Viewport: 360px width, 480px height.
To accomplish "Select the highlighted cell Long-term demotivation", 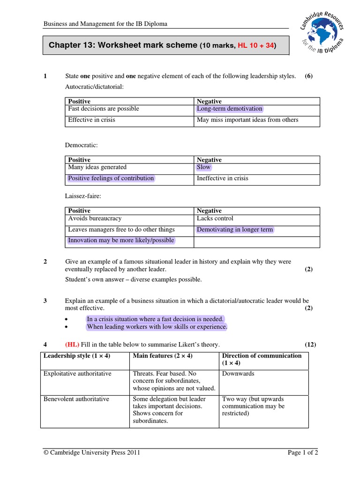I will (x=230, y=109).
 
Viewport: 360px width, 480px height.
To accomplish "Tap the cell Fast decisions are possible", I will (x=104, y=109).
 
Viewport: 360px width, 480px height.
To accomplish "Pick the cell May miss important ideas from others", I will (x=247, y=120).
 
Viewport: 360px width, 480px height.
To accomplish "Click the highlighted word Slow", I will (x=204, y=167).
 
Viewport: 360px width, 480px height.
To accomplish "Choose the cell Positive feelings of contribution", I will (x=111, y=178).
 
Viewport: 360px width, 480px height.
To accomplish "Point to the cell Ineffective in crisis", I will (x=223, y=178).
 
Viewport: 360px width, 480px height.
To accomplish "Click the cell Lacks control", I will (x=215, y=218).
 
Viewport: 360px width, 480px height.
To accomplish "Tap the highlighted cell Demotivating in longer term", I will (x=235, y=230).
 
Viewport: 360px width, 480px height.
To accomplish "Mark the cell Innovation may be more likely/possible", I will (x=121, y=240).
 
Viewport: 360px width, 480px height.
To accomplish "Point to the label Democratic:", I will (x=81, y=146).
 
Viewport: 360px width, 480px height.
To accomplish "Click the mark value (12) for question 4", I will (x=310, y=345).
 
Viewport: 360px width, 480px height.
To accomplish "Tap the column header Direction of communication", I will (x=262, y=356).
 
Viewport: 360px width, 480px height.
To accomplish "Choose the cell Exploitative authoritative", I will (x=77, y=374).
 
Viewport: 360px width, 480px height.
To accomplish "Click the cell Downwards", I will (x=238, y=374).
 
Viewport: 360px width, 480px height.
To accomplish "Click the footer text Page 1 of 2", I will (x=302, y=453).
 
